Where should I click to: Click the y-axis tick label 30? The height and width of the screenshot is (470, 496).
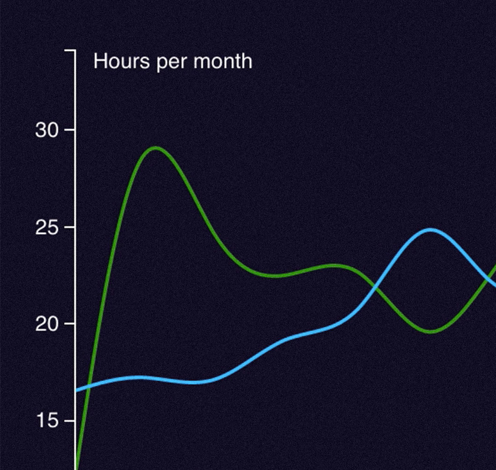pos(47,130)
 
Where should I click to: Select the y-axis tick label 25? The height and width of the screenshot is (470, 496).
pos(47,227)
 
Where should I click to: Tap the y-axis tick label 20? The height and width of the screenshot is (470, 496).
pos(47,324)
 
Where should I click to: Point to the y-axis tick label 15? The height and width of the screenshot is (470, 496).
pos(48,421)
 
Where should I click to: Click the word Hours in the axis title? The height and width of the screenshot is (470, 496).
pos(122,61)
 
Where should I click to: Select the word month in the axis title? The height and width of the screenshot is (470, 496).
pos(223,61)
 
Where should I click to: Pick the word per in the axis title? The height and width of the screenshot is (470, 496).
pos(171,64)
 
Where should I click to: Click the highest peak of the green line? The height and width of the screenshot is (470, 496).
pos(155,148)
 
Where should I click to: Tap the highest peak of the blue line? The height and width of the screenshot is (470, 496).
pos(430,230)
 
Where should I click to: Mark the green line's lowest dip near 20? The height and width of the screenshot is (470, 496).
pos(431,332)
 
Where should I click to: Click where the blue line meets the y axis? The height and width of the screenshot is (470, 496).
pos(76,391)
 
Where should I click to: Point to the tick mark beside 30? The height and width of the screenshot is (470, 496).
pos(70,129)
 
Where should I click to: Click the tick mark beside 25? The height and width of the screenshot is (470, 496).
pos(70,227)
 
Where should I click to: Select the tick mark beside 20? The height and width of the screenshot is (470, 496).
pos(70,323)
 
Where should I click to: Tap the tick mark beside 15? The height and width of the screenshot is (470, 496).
pos(70,421)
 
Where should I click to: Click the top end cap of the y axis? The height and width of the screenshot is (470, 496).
pos(70,50)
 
